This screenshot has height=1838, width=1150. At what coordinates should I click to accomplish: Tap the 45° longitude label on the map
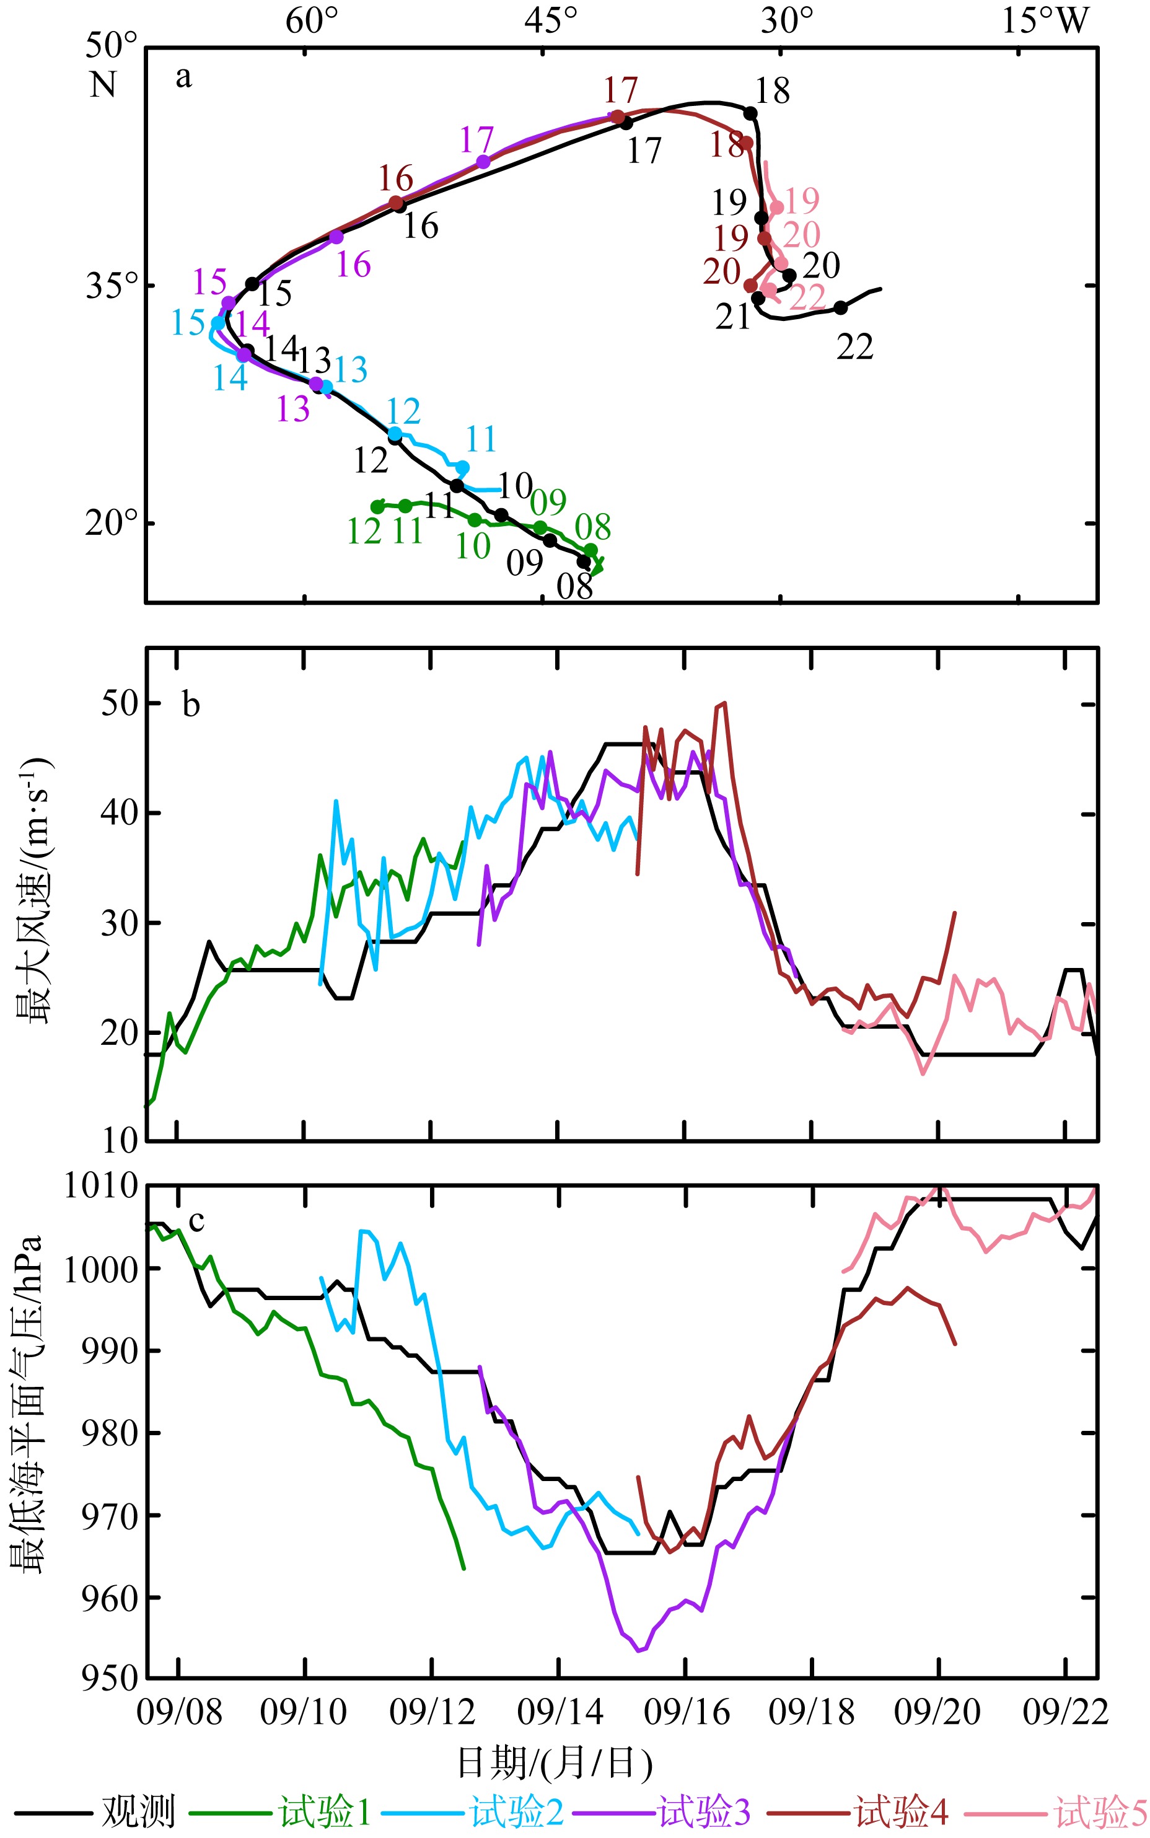(551, 20)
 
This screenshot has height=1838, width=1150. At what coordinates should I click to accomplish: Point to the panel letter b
(191, 705)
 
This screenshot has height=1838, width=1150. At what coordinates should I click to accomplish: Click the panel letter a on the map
(183, 77)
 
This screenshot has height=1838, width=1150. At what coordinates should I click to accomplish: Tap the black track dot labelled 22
(840, 308)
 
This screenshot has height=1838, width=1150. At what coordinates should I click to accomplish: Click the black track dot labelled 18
(750, 114)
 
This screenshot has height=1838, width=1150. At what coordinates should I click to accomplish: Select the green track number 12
(364, 532)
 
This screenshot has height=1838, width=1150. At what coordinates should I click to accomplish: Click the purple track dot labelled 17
(483, 162)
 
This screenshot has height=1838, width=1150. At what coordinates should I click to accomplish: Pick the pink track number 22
(808, 297)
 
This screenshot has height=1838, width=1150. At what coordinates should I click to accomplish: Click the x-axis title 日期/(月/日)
(555, 1763)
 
